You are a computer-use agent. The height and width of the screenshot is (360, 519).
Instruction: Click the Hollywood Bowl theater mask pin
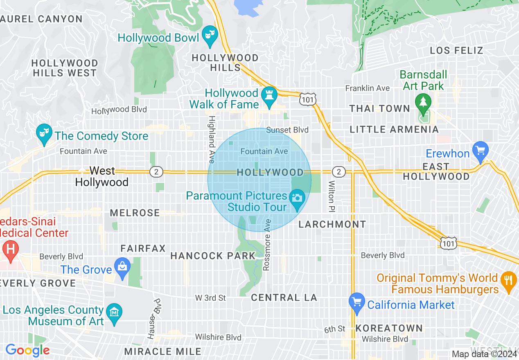click(210, 36)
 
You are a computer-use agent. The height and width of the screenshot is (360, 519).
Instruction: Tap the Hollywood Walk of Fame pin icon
click(269, 96)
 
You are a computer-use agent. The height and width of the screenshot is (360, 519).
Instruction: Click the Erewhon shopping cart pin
click(480, 151)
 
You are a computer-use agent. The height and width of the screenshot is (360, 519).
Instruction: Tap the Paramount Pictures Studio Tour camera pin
click(297, 198)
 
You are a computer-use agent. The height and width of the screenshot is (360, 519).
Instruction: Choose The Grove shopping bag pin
click(122, 267)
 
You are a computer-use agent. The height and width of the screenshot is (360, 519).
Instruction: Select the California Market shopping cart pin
click(357, 302)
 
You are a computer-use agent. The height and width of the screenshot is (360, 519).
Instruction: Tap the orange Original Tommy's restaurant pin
click(509, 281)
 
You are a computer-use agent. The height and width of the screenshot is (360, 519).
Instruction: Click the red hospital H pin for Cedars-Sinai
click(10, 249)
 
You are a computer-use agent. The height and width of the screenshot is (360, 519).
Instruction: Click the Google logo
click(27, 350)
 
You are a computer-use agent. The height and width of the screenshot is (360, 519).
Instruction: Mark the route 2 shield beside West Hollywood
click(156, 172)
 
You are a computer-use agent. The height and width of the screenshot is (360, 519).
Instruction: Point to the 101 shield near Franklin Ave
click(307, 99)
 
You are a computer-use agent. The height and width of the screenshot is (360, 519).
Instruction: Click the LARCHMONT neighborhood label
click(332, 224)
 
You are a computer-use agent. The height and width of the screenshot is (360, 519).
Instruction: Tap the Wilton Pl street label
click(332, 196)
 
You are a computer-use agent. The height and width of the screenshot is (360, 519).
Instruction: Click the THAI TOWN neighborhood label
click(379, 108)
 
